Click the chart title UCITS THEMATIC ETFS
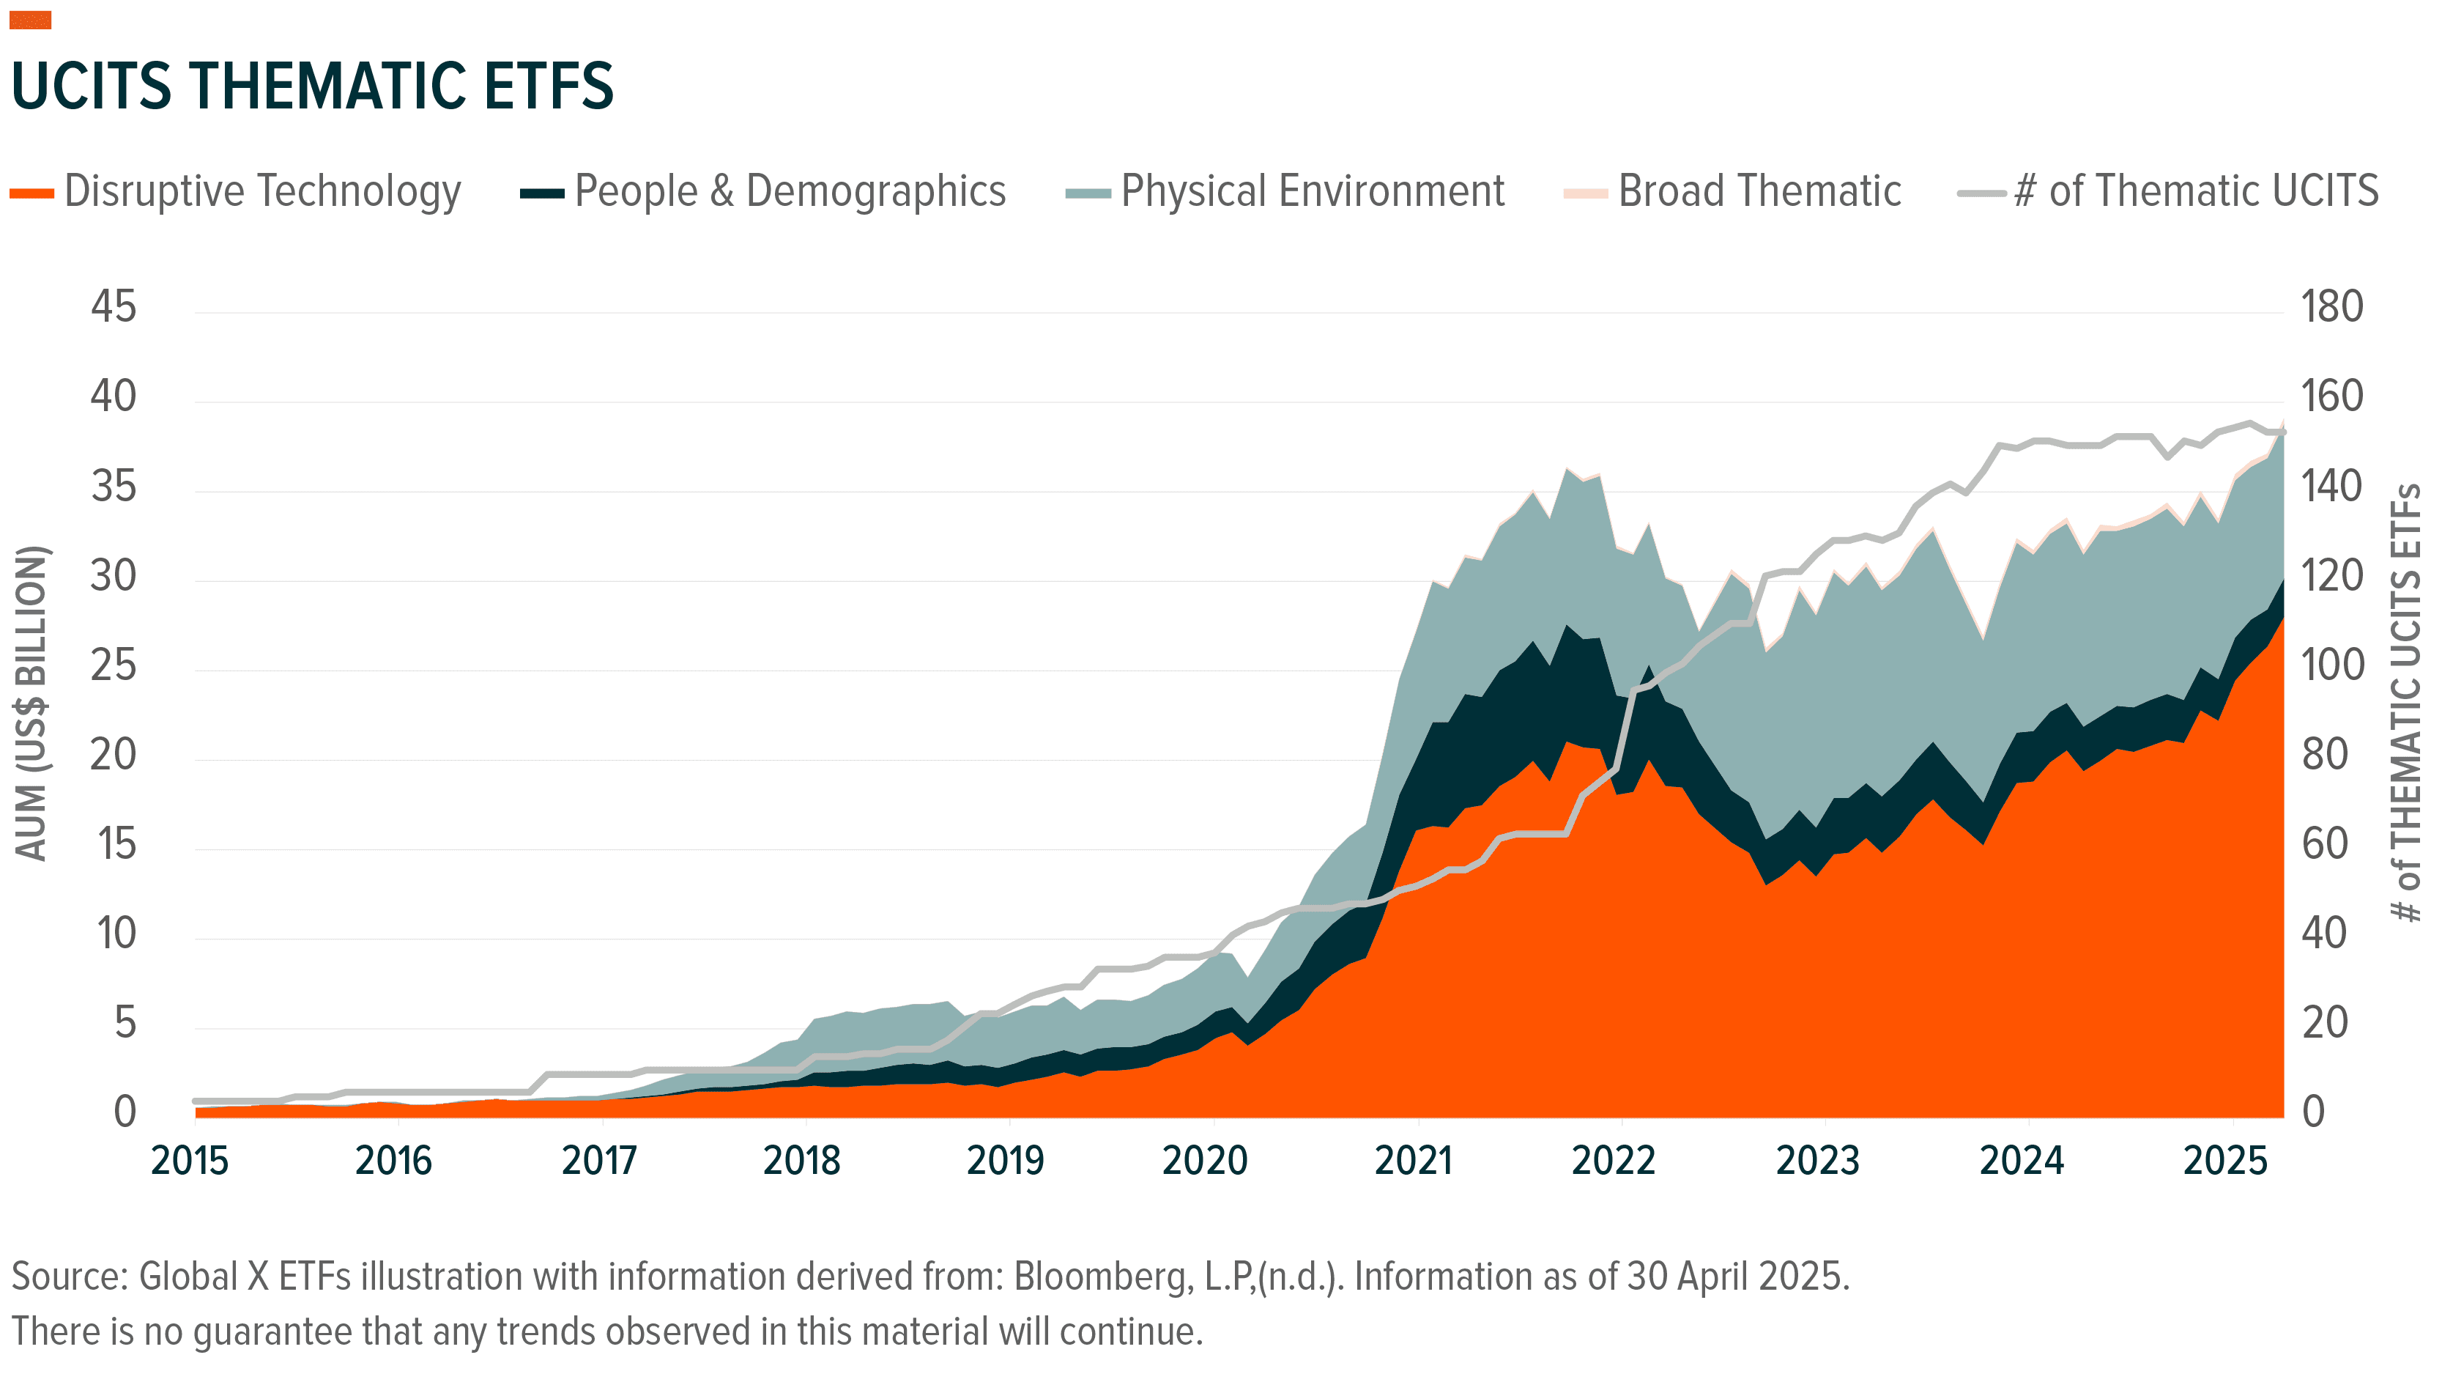pos(313,86)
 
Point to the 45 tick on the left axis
pos(114,307)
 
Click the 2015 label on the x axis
pos(190,1161)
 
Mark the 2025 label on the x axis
pos(2225,1161)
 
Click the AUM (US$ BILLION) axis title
pos(31,703)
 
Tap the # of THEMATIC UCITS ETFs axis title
pos(2405,703)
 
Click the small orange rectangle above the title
pos(30,20)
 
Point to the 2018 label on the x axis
pos(801,1161)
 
